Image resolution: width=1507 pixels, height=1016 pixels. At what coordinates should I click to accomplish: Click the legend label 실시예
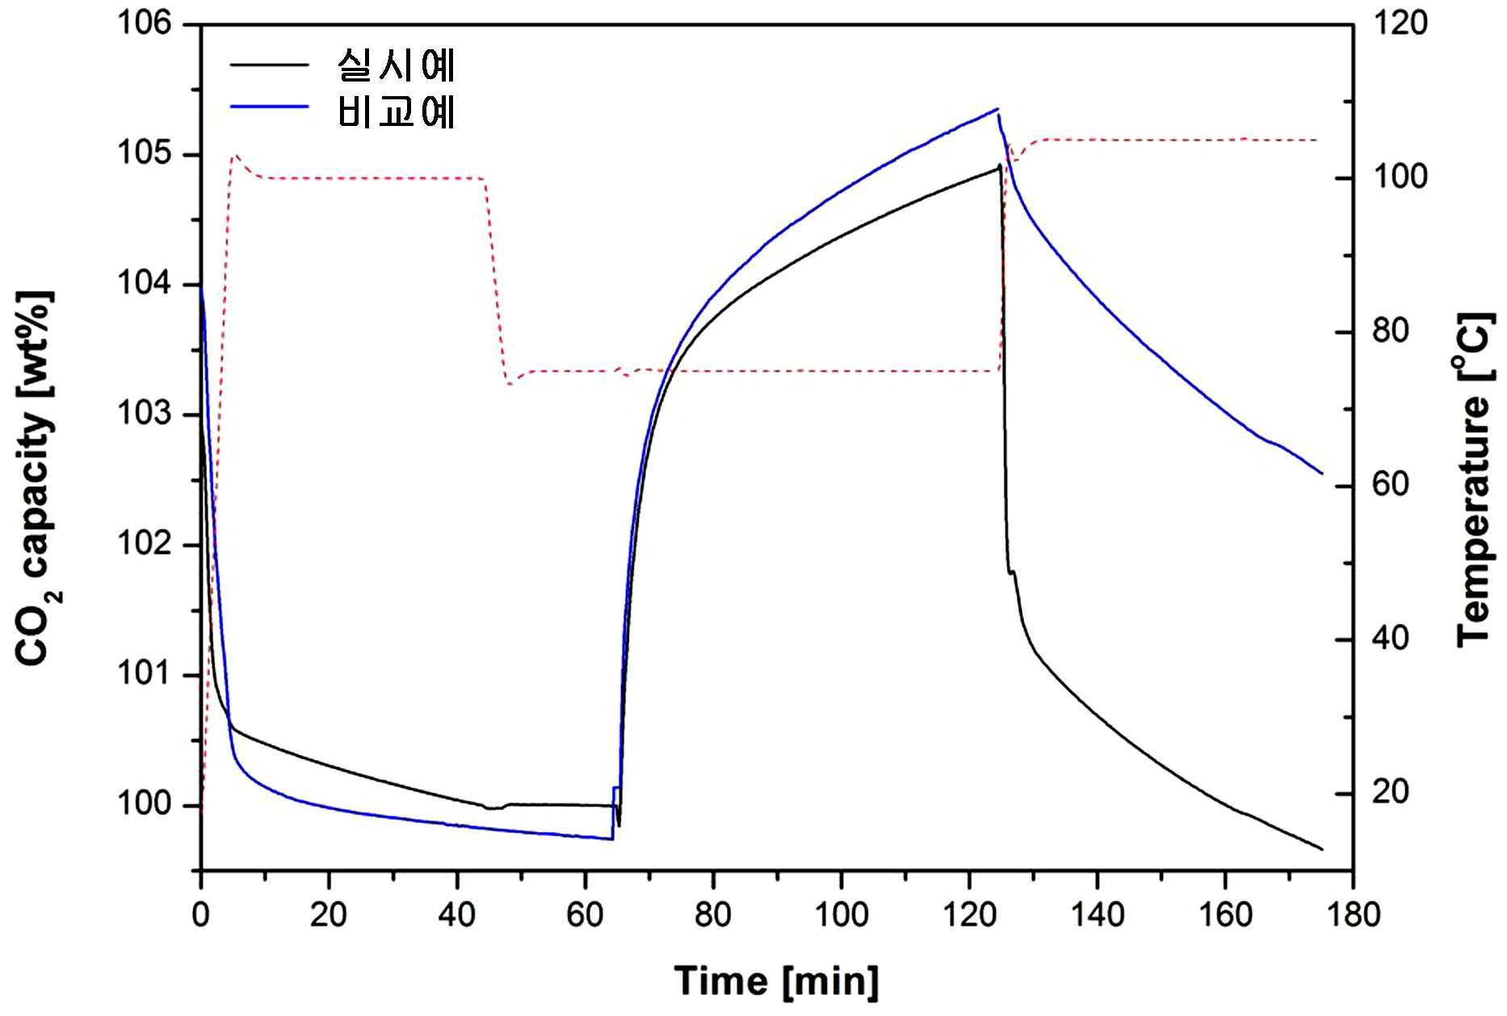[x=397, y=65]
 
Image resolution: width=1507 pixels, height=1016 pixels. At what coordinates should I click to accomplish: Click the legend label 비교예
[x=397, y=111]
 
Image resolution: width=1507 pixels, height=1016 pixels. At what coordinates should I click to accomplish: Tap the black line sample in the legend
[x=270, y=65]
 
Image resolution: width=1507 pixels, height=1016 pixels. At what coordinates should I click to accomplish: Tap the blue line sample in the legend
[x=270, y=106]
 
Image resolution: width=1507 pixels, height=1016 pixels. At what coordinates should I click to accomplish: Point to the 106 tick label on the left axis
[x=145, y=23]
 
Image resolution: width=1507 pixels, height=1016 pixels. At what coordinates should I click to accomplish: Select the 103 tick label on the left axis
[x=145, y=414]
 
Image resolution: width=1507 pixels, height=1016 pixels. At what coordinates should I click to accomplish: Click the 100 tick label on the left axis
[x=145, y=804]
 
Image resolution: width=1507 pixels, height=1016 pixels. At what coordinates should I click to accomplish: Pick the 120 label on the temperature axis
[x=1400, y=23]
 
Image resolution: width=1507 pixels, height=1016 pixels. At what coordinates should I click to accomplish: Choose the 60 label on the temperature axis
[x=1391, y=485]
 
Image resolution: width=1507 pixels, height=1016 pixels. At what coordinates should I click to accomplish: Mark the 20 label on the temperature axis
[x=1391, y=792]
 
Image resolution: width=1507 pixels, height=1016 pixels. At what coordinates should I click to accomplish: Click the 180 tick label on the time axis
[x=1354, y=915]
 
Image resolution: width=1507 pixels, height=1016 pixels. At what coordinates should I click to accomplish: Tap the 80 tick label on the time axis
[x=713, y=915]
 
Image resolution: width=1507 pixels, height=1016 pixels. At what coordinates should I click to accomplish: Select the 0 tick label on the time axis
[x=201, y=915]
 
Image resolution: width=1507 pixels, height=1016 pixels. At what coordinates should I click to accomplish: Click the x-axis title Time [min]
[x=777, y=981]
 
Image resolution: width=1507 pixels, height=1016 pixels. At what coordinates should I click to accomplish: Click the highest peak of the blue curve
[x=998, y=108]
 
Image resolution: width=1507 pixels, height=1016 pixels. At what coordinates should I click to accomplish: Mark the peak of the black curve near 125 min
[x=1000, y=166]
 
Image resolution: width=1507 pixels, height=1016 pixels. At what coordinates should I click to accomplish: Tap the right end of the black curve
[x=1322, y=850]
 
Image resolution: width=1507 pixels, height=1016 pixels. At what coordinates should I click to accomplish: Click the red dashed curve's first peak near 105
[x=236, y=155]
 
